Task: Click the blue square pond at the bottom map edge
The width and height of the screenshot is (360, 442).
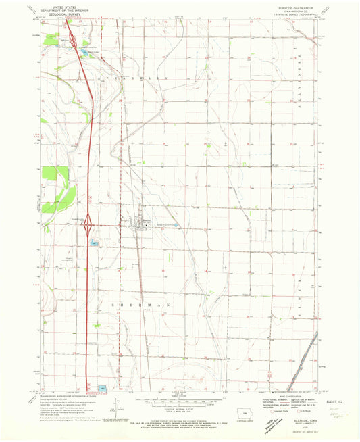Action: [102, 388]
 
